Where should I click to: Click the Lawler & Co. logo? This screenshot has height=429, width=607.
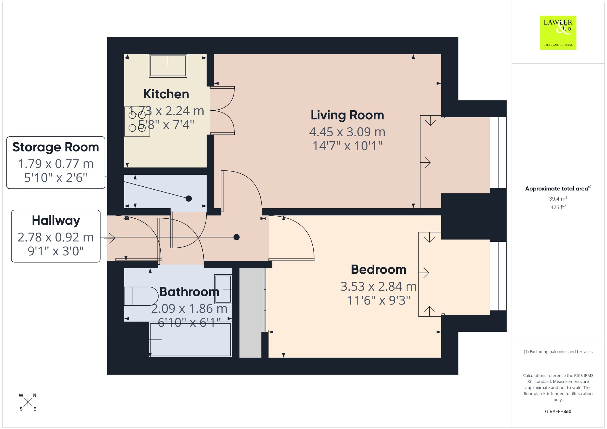558,33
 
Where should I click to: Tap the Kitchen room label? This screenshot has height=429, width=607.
166,94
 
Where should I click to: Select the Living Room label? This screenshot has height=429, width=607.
347,115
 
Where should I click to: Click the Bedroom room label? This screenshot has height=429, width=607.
378,270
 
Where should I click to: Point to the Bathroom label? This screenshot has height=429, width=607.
189,292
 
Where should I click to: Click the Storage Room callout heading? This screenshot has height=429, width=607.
56,147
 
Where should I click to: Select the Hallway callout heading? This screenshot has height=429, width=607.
56,221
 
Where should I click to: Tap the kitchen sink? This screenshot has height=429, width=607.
168,66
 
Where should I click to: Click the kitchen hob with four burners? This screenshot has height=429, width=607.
137,121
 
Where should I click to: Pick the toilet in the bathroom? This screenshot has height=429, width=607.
141,296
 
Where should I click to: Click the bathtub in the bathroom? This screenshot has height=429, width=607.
190,340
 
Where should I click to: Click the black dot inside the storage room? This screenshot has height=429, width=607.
189,199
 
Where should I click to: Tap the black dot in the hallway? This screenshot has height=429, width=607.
237,237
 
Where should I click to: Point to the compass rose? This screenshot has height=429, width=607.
28,402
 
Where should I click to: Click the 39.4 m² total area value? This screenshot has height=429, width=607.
558,199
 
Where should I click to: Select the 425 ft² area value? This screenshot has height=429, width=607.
558,207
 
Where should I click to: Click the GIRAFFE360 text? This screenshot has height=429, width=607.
558,411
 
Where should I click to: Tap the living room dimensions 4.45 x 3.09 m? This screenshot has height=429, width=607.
347,132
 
